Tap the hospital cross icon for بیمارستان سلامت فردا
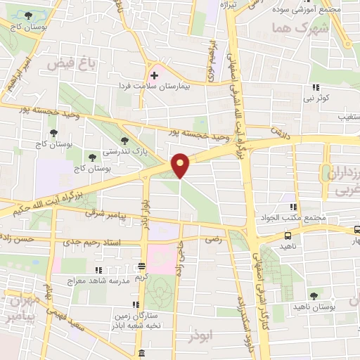tap(154, 74)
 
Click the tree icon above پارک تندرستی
tap(125, 141)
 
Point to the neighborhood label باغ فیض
tap(70, 64)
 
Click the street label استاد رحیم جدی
tap(88, 243)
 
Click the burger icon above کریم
tap(142, 266)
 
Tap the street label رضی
tap(212, 240)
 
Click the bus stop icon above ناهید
tap(288, 236)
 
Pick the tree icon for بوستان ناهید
tap(314, 296)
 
